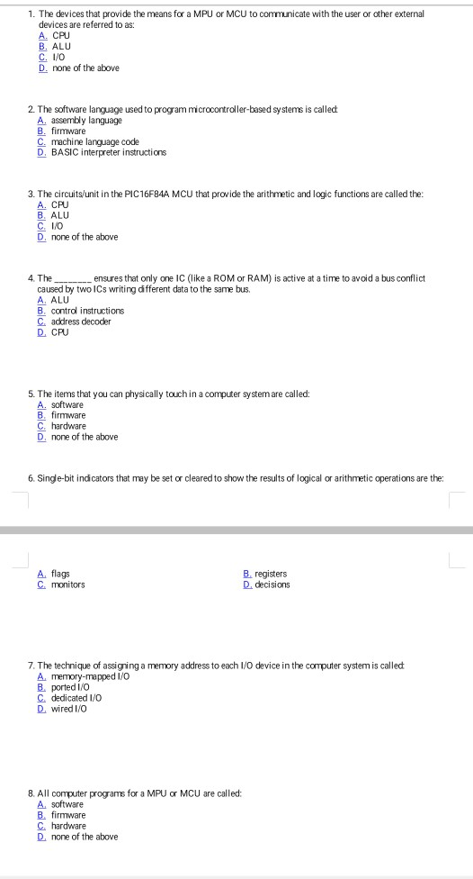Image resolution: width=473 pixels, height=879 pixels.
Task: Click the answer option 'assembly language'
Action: tap(86, 120)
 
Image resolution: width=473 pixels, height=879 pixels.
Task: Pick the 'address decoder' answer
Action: tap(81, 322)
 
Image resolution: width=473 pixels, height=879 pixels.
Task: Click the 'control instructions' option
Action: tap(87, 311)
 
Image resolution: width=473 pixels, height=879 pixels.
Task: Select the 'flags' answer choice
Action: tap(60, 574)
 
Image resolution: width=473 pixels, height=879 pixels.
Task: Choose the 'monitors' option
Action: tap(68, 584)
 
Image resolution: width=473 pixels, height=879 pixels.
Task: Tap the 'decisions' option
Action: tap(272, 584)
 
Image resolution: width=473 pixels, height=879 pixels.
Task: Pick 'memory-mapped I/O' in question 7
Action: tap(91, 675)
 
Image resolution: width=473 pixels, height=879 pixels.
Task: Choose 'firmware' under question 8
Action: tap(68, 815)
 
